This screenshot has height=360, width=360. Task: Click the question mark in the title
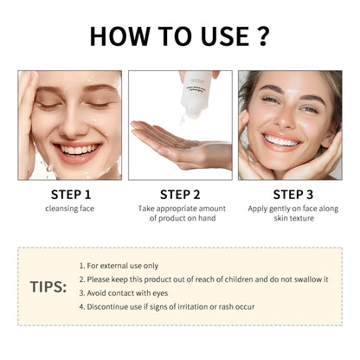pos(260,36)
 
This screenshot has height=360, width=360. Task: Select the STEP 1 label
pos(69,193)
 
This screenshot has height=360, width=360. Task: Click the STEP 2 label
pos(179,193)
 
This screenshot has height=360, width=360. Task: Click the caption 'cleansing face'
pos(69,209)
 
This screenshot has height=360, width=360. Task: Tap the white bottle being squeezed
pos(192,95)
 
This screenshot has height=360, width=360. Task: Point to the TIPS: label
pos(48,286)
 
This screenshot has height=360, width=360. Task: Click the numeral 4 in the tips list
pos(80,306)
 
